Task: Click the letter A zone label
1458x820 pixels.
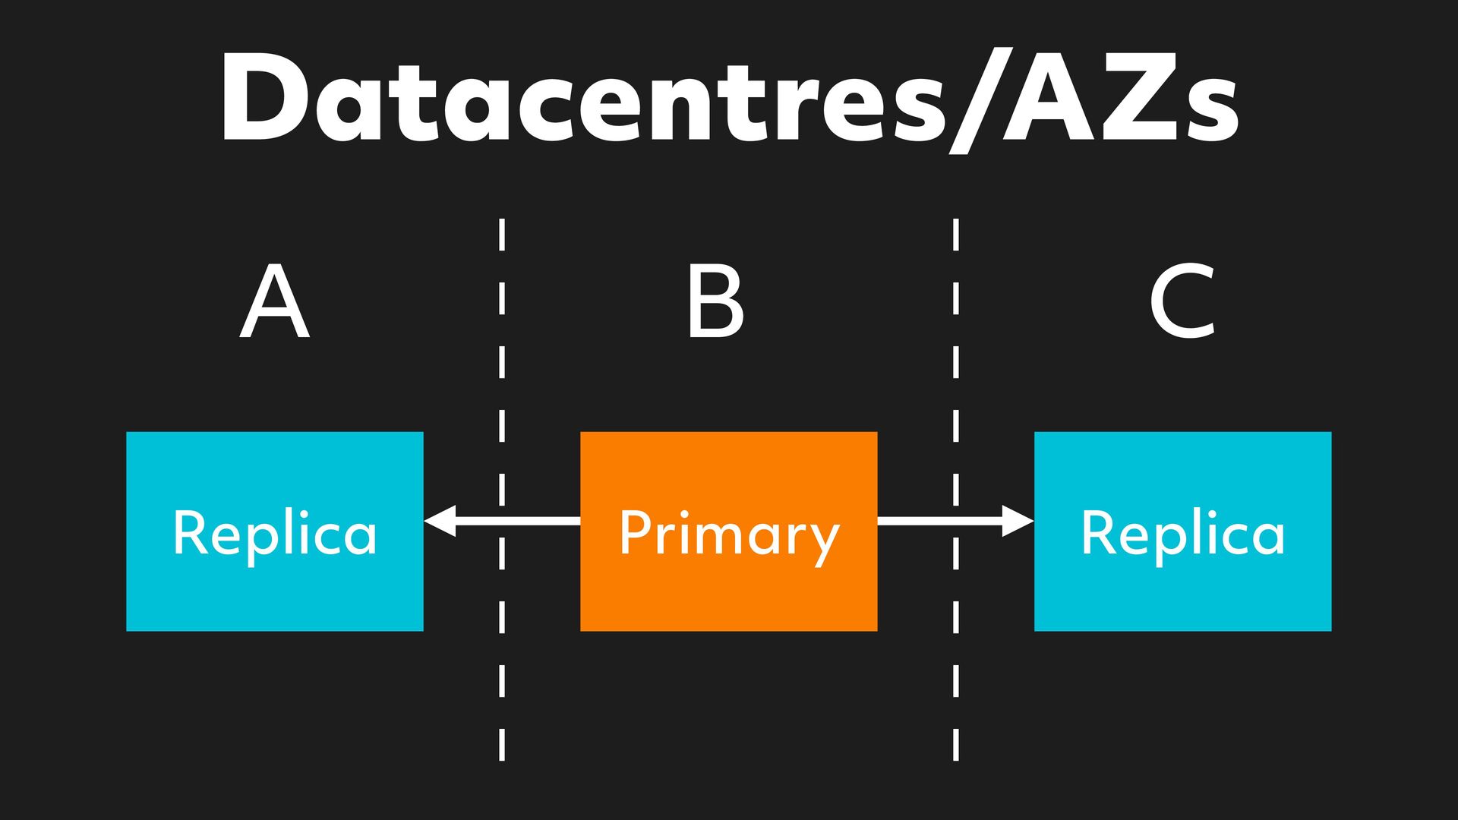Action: (x=274, y=301)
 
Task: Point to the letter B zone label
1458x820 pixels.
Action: (x=715, y=301)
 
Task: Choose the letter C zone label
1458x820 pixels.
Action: (x=1182, y=301)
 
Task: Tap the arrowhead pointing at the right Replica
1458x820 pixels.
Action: (x=1018, y=521)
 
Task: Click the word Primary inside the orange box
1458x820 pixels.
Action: (x=729, y=533)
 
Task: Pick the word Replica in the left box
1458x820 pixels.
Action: (x=274, y=533)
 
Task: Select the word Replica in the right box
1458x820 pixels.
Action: (x=1182, y=533)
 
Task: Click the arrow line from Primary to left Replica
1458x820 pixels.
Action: (x=524, y=521)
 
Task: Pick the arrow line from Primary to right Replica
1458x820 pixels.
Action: (x=934, y=521)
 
